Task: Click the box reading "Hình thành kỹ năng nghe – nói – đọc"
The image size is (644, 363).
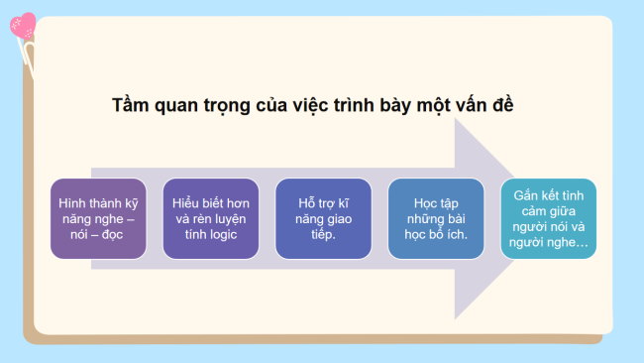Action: point(98,218)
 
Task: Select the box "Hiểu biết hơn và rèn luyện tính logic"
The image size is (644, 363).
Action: point(211,218)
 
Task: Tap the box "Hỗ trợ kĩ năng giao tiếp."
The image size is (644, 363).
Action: point(323,218)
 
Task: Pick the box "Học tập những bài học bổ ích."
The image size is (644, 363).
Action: point(436,218)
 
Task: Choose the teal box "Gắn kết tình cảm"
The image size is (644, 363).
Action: point(548,218)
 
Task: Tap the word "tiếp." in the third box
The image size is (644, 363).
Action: point(323,235)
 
